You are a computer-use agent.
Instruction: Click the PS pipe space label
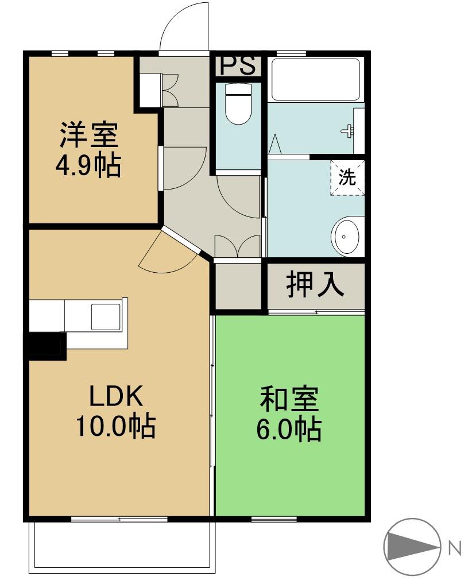238,65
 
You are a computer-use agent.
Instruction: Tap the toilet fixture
238,104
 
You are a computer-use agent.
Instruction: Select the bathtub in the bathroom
315,80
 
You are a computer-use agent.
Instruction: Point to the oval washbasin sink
346,236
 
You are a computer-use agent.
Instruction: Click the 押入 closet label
315,285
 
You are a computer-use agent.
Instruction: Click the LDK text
115,396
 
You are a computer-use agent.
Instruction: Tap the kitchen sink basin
106,316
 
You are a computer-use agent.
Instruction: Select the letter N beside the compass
455,548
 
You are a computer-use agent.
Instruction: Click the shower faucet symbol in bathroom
349,131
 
